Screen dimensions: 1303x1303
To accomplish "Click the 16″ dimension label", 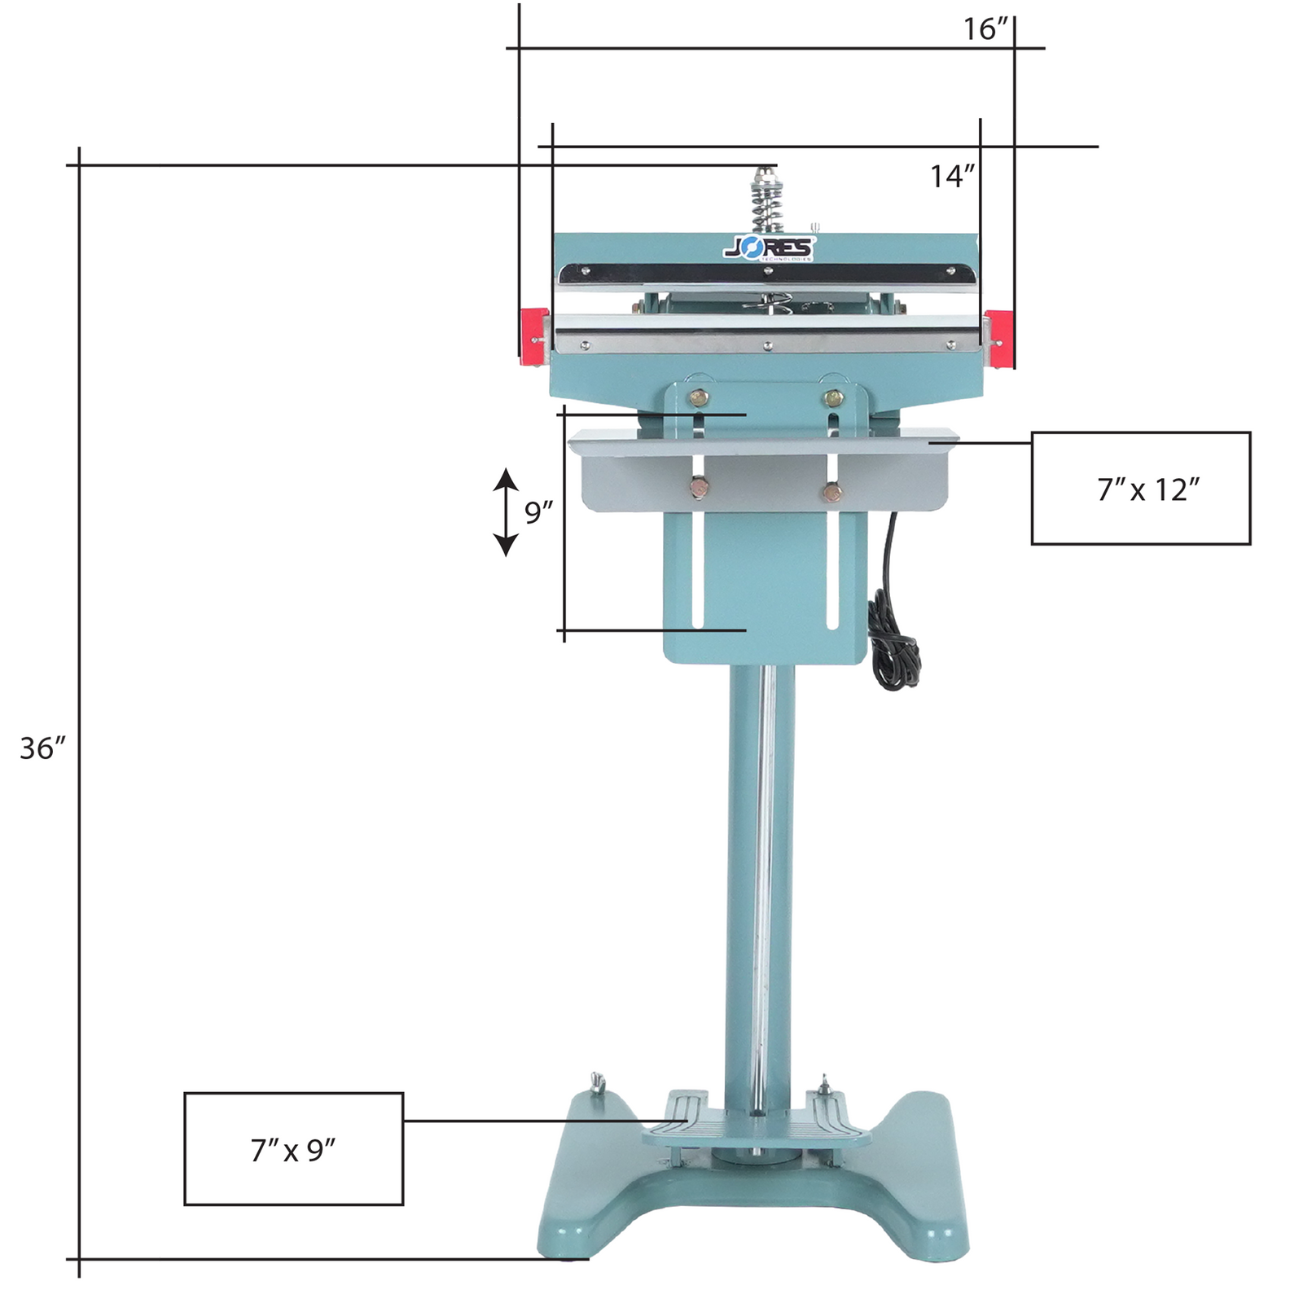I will [985, 29].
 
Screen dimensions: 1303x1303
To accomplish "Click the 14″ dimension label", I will [952, 176].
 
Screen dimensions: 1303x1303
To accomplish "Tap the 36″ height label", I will [42, 748].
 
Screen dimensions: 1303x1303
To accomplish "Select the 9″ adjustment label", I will [538, 513].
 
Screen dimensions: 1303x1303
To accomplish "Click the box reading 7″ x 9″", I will [293, 1149].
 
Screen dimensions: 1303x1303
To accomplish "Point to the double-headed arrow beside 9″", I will [506, 512].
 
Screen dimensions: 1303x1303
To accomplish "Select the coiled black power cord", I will [892, 643].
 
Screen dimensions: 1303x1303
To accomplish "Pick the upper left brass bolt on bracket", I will [699, 397].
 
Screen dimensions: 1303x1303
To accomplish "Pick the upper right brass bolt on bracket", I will [833, 397].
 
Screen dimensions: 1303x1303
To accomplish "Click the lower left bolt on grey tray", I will [699, 489].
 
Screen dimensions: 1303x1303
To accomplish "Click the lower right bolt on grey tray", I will [832, 492].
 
